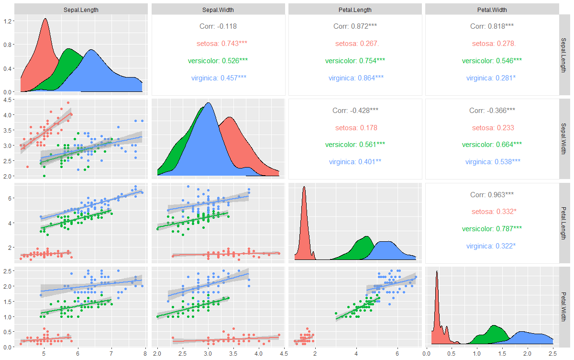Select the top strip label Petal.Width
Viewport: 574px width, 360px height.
pyautogui.click(x=492, y=10)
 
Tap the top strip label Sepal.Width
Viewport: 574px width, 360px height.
pyautogui.click(x=218, y=10)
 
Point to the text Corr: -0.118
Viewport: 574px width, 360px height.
pyautogui.click(x=218, y=26)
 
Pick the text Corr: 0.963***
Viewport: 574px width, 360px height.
pyautogui.click(x=492, y=195)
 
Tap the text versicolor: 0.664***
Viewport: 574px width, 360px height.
pyautogui.click(x=492, y=145)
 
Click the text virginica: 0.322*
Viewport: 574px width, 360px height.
pyautogui.click(x=492, y=246)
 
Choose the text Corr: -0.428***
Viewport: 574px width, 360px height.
pyautogui.click(x=355, y=111)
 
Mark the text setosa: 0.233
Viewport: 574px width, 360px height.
pyautogui.click(x=493, y=128)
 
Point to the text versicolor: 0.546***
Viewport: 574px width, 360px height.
pyautogui.click(x=492, y=61)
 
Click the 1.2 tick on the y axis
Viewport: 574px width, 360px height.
pyautogui.click(x=8, y=21)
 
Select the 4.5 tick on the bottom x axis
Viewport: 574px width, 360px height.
pyautogui.click(x=283, y=354)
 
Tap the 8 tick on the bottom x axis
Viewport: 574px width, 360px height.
pyautogui.click(x=145, y=354)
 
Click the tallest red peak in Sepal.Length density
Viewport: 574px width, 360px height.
pyautogui.click(x=45, y=19)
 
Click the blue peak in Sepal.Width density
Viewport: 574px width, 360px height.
pyautogui.click(x=208, y=103)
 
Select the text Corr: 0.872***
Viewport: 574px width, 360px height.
pyautogui.click(x=355, y=26)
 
